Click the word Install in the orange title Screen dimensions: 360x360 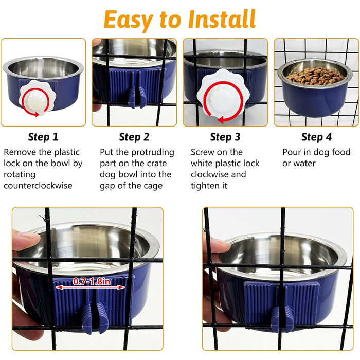click(222, 19)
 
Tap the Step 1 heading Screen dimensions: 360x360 click(43, 137)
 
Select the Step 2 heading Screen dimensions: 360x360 click(134, 137)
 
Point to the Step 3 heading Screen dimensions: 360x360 click(225, 137)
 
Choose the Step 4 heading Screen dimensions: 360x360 click(316, 137)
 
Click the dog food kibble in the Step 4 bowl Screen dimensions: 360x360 click(315, 75)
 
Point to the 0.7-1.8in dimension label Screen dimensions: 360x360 click(92, 281)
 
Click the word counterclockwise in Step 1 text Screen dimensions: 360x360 click(38, 185)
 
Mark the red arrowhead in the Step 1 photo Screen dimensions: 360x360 click(37, 114)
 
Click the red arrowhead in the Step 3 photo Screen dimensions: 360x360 click(221, 120)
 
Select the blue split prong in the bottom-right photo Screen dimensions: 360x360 click(282, 319)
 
